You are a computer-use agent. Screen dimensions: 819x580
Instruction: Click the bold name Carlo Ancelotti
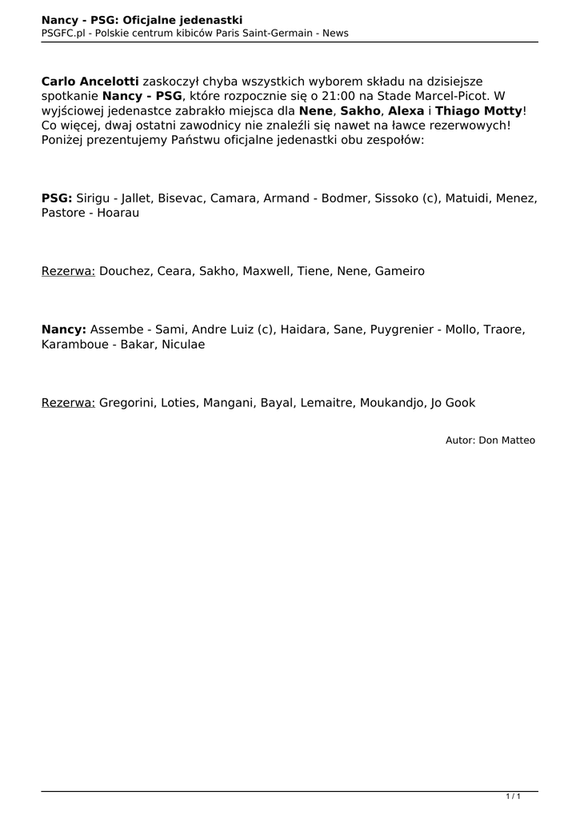90,82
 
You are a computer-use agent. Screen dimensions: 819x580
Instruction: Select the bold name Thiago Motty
478,110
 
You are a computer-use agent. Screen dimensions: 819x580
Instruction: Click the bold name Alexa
406,110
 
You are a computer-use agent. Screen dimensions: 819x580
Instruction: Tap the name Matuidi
466,198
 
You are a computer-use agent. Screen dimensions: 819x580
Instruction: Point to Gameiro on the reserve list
398,271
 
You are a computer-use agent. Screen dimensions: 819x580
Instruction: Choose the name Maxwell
266,271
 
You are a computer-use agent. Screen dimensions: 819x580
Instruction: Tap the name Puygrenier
399,330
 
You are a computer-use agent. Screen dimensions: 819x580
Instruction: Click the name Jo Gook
453,402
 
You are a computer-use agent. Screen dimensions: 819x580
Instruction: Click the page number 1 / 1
514,796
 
